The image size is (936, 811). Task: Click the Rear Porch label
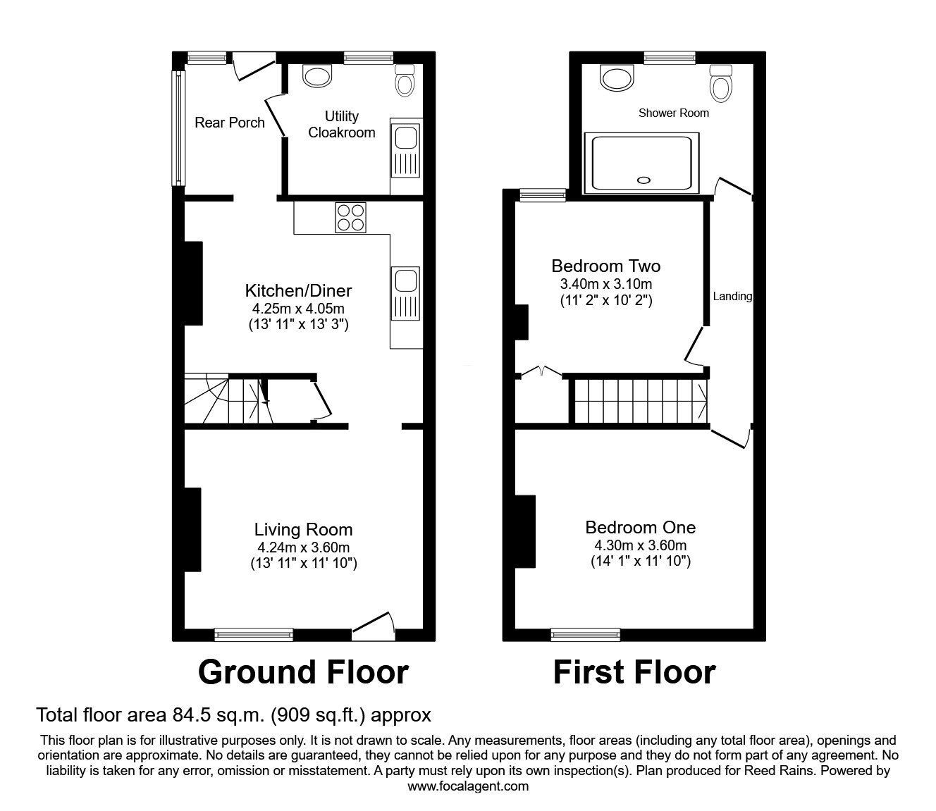pos(230,123)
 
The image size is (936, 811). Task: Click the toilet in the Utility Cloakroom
pos(404,81)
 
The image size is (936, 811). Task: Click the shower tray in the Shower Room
pos(642,163)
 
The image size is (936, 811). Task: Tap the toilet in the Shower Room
pos(720,82)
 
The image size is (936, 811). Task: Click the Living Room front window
pos(254,634)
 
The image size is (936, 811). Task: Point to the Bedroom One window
pos(586,634)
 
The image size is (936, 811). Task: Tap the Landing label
pos(732,297)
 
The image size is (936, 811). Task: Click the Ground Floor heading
pos(303,672)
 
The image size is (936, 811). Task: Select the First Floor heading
pos(634,672)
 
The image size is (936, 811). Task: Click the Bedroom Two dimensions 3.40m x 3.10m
pos(606,285)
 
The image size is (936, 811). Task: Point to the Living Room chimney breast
pos(192,528)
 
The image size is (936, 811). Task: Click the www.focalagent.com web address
pos(468,786)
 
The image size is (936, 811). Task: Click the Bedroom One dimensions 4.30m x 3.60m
pos(641,545)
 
